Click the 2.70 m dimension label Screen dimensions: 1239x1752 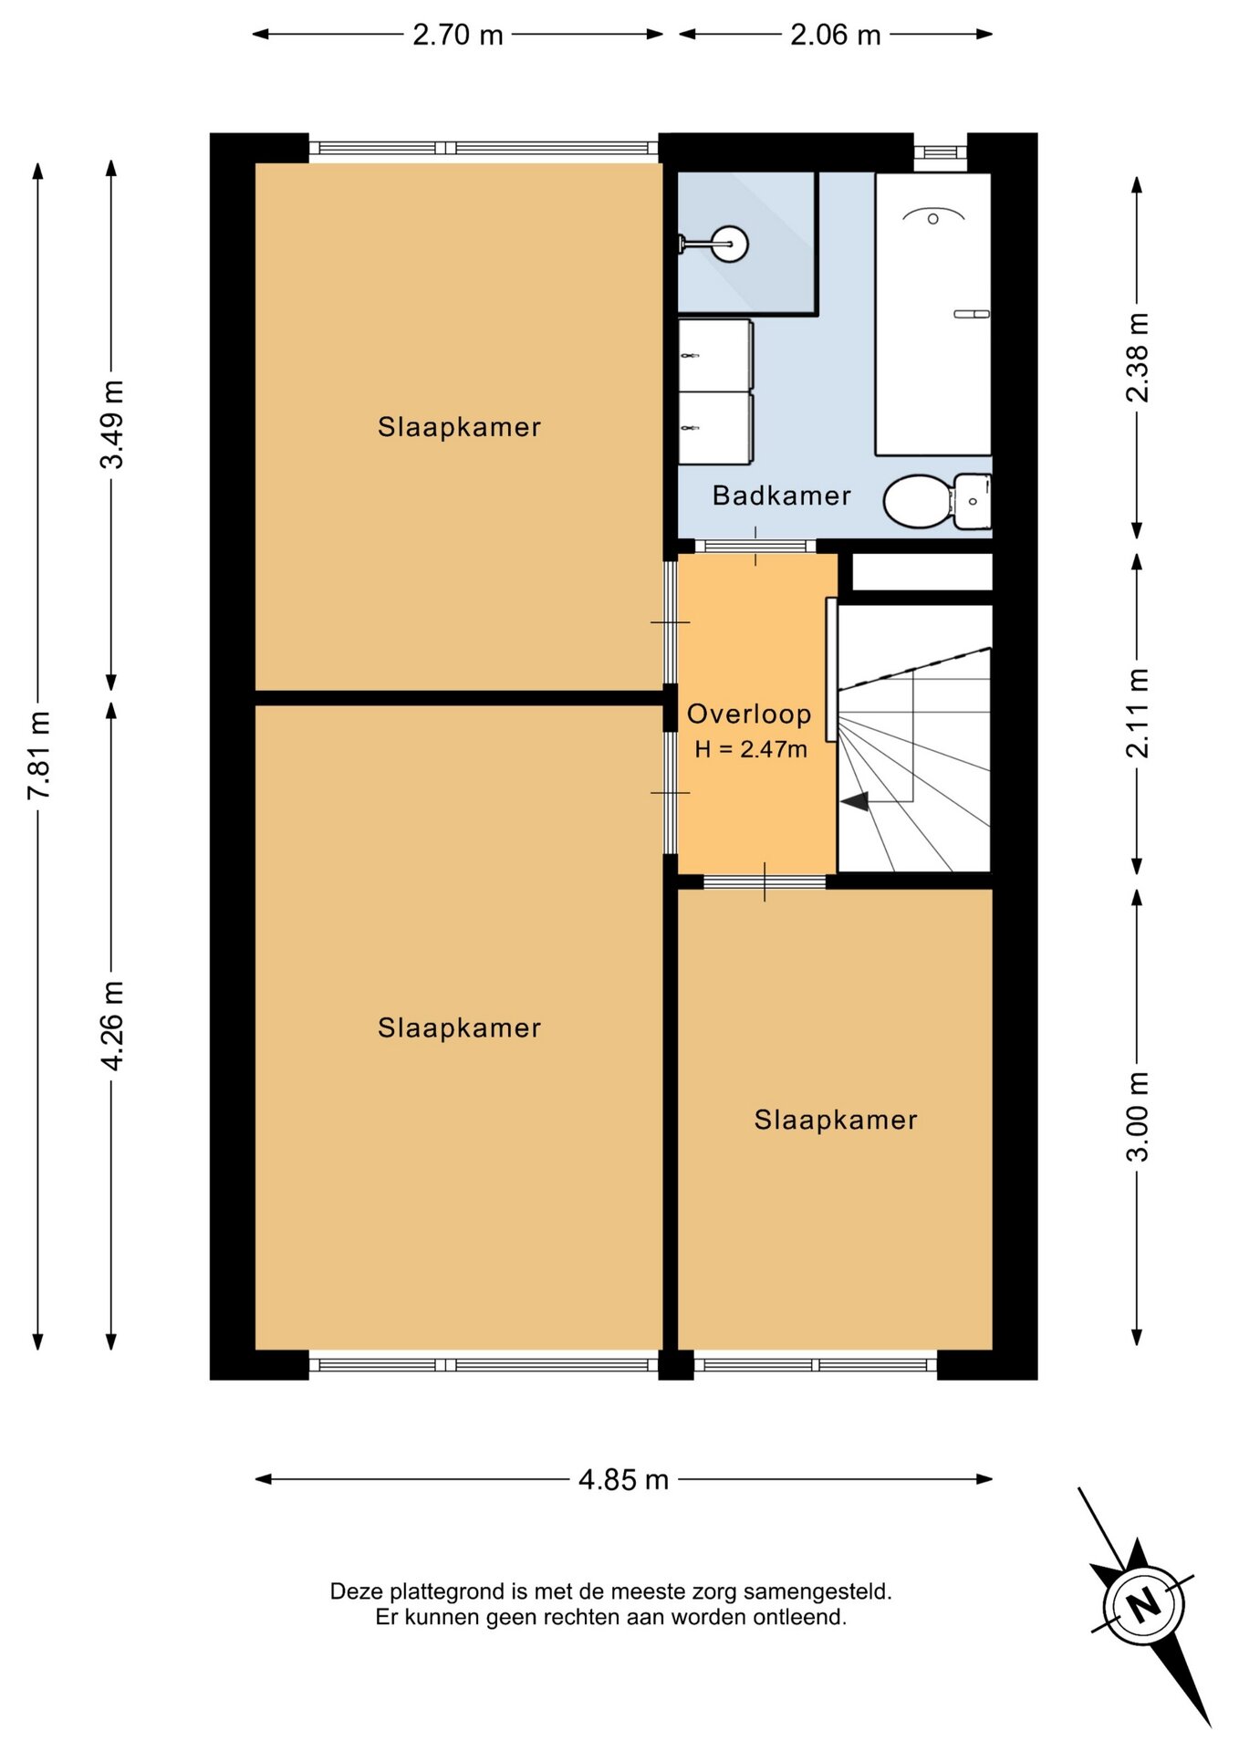click(458, 35)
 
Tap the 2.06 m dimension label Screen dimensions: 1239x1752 click(836, 35)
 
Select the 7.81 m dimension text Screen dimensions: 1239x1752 click(38, 756)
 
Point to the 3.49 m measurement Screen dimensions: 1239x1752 click(111, 424)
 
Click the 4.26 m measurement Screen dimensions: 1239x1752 click(111, 1026)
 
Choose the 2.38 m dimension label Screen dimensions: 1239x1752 click(1137, 357)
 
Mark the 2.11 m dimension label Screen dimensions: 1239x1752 click(1137, 713)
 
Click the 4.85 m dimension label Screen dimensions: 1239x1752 click(624, 1479)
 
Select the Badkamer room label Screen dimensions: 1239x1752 click(781, 495)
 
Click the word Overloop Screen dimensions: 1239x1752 click(749, 714)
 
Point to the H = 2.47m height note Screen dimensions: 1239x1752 click(751, 749)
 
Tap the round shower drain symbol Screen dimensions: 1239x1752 click(730, 244)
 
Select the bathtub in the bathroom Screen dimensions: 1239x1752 click(932, 314)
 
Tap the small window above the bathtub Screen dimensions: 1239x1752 click(940, 152)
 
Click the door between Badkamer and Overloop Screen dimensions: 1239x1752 click(755, 546)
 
